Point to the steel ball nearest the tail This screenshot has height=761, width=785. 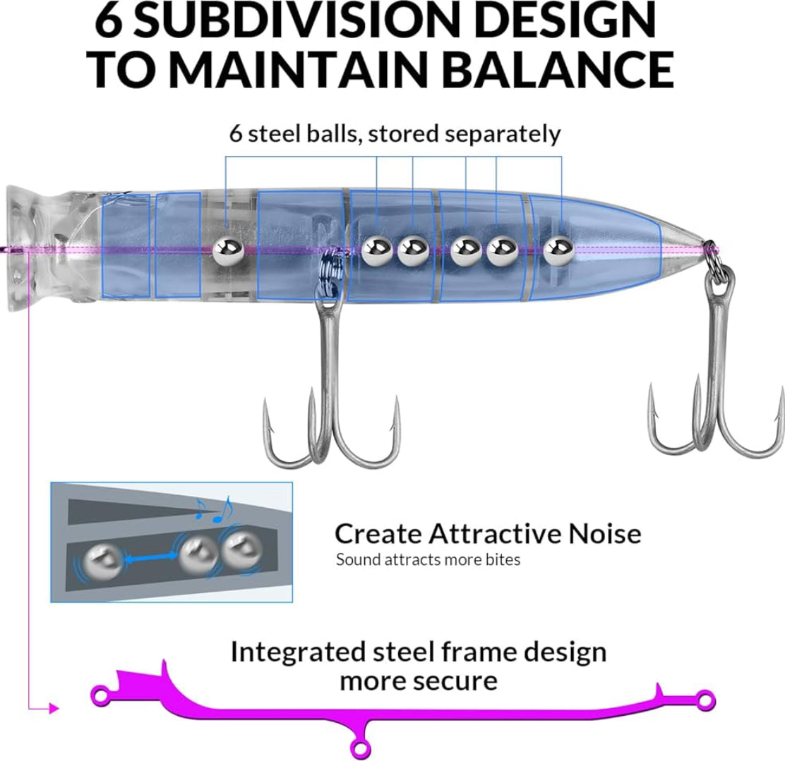[558, 248]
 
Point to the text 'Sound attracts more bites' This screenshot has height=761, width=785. [428, 560]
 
